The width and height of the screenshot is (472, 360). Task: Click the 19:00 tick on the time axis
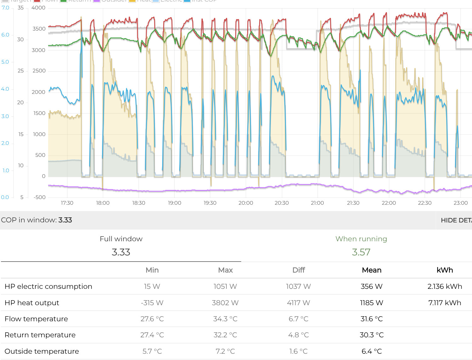[174, 203]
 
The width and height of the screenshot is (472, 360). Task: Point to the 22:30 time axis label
[424, 203]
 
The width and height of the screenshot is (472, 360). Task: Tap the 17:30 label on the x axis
[67, 203]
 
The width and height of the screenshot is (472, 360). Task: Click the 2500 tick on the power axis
[39, 71]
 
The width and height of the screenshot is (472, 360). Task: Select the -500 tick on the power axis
[40, 197]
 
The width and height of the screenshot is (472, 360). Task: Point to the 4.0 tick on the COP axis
[5, 89]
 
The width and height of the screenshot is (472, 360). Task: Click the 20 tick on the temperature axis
[20, 103]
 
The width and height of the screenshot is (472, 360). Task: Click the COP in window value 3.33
[65, 220]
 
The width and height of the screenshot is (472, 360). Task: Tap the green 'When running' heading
[361, 239]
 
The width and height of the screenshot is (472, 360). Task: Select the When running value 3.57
[361, 252]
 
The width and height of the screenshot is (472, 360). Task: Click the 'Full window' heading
[121, 239]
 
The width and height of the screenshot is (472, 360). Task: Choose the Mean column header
[372, 270]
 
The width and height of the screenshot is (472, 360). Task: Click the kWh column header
[445, 270]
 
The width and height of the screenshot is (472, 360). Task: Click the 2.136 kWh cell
[445, 287]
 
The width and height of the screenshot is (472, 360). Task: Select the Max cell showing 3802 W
[225, 303]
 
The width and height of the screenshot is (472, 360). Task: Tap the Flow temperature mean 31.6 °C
[372, 319]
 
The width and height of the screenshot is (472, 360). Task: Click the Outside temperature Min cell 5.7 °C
[152, 351]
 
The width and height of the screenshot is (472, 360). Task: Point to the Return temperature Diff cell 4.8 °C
[299, 335]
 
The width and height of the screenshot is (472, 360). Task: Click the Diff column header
[299, 270]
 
